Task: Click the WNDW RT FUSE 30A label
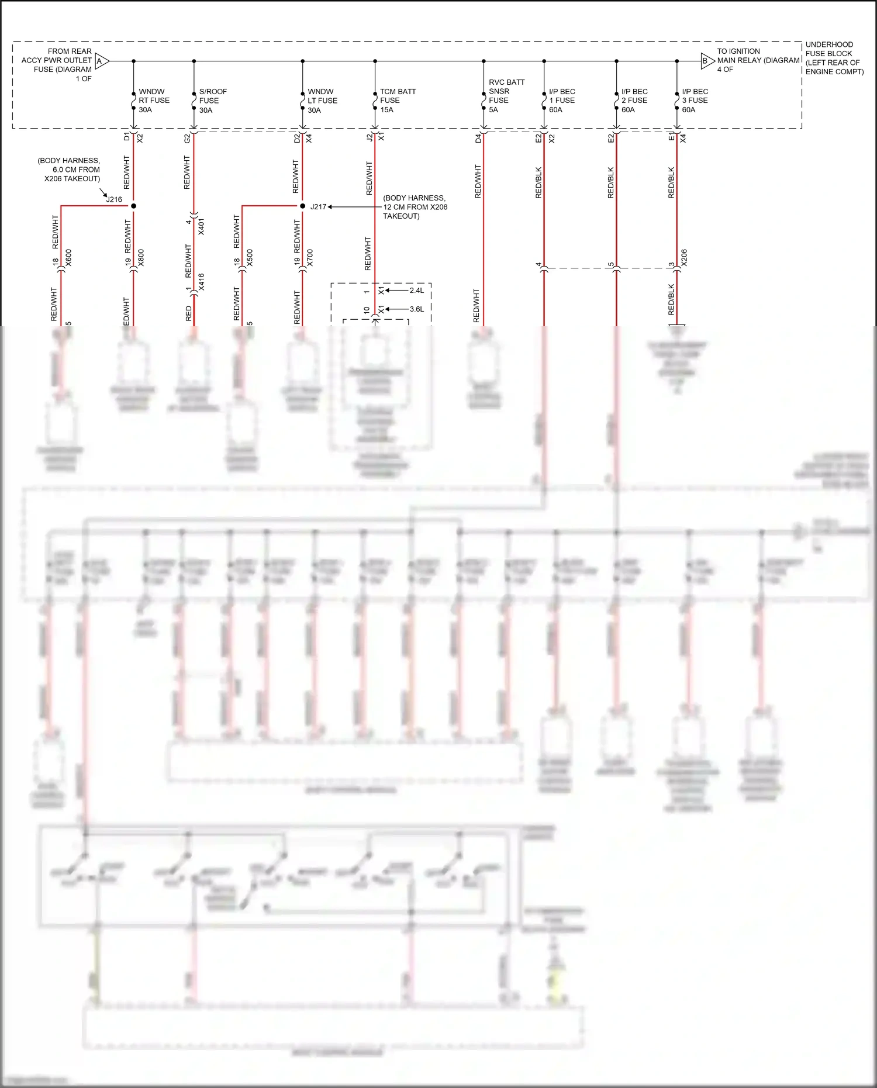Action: [153, 101]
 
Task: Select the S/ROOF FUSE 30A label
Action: [212, 101]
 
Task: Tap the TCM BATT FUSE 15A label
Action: [398, 101]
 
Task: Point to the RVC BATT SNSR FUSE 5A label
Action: [506, 96]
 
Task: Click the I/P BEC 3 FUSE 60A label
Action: [695, 101]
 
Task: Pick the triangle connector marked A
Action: [101, 61]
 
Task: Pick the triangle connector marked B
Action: [707, 61]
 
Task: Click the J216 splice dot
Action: [134, 206]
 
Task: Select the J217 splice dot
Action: [302, 206]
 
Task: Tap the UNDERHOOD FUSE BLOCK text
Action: [834, 58]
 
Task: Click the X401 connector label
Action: [201, 227]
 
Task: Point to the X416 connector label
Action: [201, 282]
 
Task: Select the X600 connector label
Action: [68, 258]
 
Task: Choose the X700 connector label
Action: [310, 258]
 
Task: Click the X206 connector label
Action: [684, 258]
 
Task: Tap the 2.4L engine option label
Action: [416, 291]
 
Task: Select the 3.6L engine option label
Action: [416, 309]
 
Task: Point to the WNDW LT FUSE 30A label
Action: [322, 101]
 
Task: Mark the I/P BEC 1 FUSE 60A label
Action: [561, 101]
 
